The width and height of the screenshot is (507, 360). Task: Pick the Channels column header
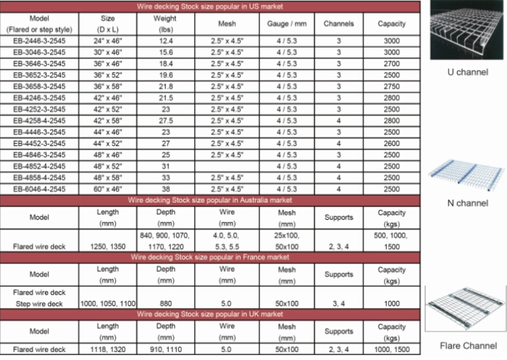(339, 23)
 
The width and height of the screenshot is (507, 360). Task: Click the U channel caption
(468, 72)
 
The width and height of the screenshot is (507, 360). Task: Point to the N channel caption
(467, 203)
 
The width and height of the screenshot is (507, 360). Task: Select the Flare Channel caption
(467, 346)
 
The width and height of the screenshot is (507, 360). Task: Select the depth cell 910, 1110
(165, 349)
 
